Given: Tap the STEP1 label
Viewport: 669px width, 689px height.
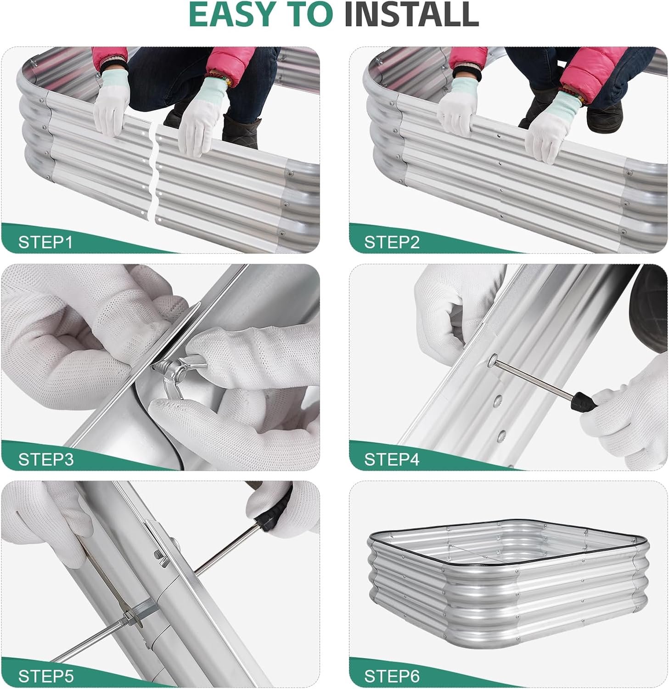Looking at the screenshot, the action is pyautogui.click(x=45, y=242).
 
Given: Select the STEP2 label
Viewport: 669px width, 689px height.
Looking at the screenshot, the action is pyautogui.click(x=392, y=242).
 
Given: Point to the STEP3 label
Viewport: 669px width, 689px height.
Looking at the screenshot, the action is pyautogui.click(x=45, y=459).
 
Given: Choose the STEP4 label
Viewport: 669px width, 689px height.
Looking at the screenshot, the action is pyautogui.click(x=392, y=459).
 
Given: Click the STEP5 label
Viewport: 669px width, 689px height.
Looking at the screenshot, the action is pyautogui.click(x=45, y=676).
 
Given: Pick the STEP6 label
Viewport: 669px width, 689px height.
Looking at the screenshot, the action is pyautogui.click(x=392, y=676).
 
